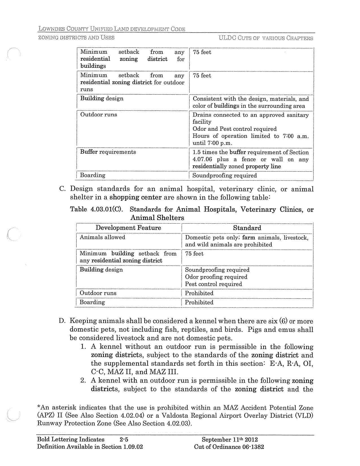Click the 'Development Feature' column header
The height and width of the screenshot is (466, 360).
pyautogui.click(x=128, y=228)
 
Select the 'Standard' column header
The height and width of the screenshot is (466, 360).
pyautogui.click(x=247, y=228)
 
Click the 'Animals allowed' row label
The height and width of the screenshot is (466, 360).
pyautogui.click(x=102, y=237)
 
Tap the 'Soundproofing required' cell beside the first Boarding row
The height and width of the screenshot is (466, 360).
pyautogui.click(x=224, y=175)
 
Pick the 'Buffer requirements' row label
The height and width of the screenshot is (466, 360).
pyautogui.click(x=108, y=152)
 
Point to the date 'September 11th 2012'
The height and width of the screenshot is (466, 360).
pyautogui.click(x=230, y=439)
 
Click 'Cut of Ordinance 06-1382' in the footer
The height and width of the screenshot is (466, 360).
pyautogui.click(x=229, y=447)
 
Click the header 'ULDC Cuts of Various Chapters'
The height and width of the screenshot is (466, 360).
pyautogui.click(x=266, y=38)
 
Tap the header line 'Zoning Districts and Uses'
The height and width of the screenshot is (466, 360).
pyautogui.click(x=76, y=38)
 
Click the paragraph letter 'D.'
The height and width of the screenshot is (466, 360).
pyautogui.click(x=62, y=321)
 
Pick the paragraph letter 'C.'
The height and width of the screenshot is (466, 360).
pyautogui.click(x=63, y=189)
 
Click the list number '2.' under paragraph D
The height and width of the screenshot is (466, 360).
pyautogui.click(x=83, y=381)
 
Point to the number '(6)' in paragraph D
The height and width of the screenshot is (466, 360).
pyautogui.click(x=283, y=321)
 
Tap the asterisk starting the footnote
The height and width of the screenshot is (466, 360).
pyautogui.click(x=39, y=407)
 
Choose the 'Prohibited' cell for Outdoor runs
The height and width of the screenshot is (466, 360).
pyautogui.click(x=199, y=293)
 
